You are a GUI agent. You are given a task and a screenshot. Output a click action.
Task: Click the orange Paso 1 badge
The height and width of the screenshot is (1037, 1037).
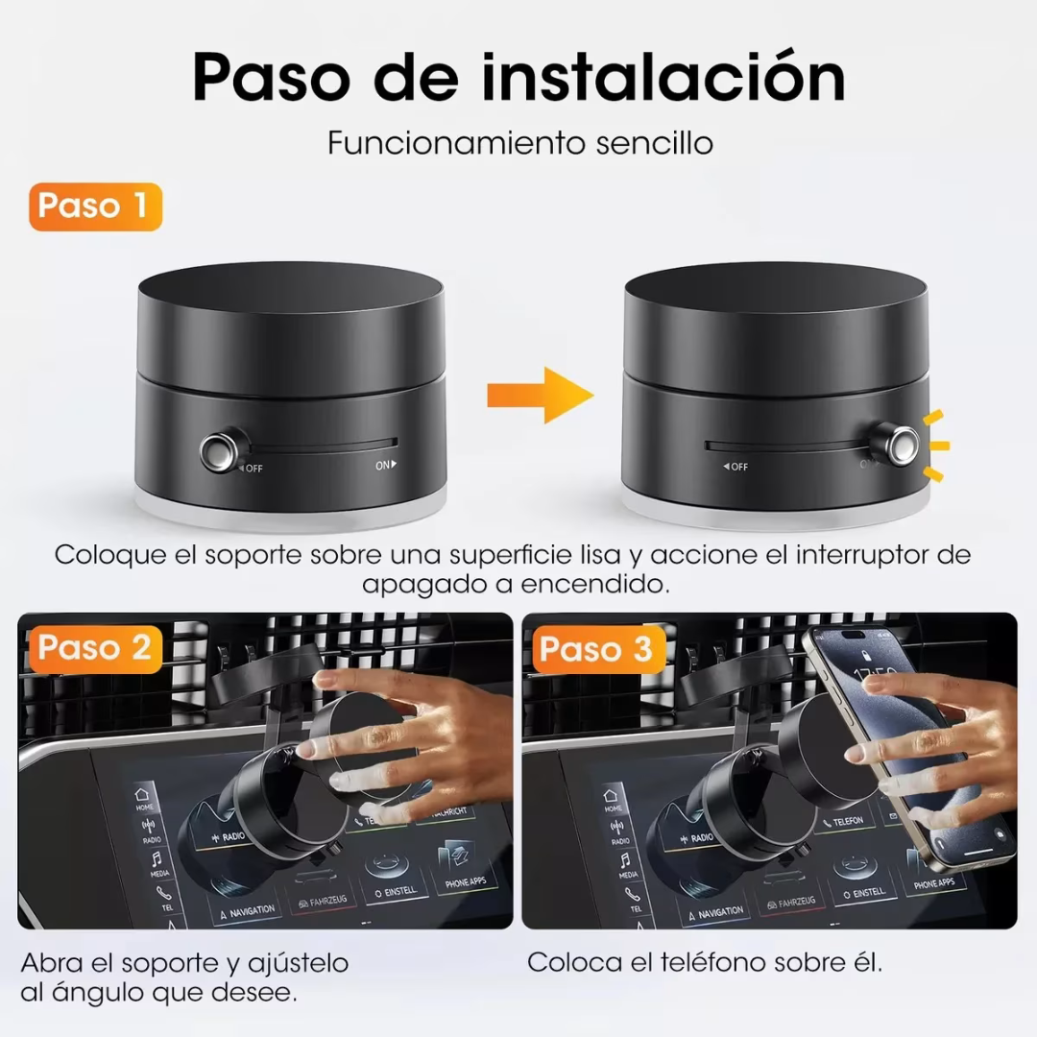tap(94, 206)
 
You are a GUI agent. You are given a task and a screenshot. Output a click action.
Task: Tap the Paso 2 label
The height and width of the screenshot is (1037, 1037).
tap(94, 648)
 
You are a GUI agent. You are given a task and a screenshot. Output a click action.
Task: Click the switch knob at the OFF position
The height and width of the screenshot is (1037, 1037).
tap(220, 447)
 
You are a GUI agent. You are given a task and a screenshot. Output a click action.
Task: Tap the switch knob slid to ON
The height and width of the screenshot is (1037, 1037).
tap(901, 444)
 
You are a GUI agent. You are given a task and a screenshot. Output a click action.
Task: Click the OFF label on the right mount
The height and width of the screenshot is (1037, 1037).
tap(736, 467)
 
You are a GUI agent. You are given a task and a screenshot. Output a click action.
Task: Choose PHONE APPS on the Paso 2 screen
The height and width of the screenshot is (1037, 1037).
tap(470, 880)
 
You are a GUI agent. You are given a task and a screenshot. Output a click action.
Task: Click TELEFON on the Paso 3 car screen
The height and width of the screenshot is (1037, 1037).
tap(849, 822)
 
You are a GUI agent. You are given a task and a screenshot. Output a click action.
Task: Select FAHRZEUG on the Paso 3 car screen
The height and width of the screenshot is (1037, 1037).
tap(790, 902)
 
